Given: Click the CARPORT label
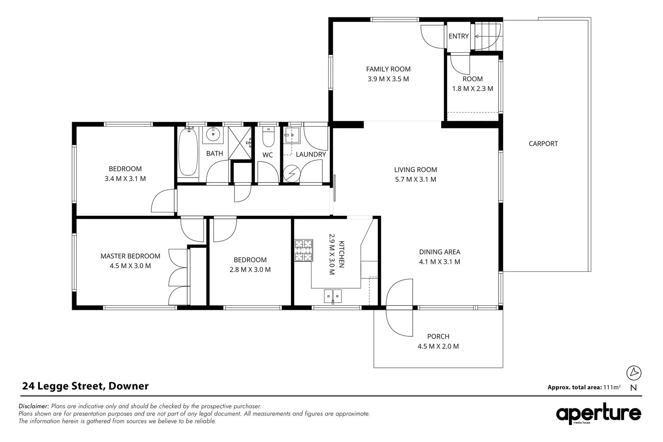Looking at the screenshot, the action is click(x=543, y=144).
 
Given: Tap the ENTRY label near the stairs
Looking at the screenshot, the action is click(x=458, y=36).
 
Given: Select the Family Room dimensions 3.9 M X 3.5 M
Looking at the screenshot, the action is click(x=388, y=79).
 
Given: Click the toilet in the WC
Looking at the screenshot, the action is click(x=269, y=137).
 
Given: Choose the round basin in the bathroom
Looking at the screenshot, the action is click(x=213, y=135).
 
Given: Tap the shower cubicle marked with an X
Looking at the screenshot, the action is click(x=240, y=143).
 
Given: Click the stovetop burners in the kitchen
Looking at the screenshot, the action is click(x=304, y=250).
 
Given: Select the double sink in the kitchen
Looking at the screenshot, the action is click(x=333, y=296).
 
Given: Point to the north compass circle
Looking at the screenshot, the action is click(x=634, y=373).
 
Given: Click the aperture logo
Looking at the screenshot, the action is click(x=598, y=413).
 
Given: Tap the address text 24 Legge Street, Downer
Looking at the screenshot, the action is click(x=85, y=386).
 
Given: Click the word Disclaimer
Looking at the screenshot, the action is click(x=34, y=406).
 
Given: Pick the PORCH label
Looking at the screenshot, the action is click(x=438, y=336).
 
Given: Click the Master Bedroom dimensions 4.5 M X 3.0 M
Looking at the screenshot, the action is click(x=130, y=266).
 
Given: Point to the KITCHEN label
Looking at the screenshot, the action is click(x=341, y=254).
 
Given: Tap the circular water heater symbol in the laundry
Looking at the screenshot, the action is click(x=292, y=173).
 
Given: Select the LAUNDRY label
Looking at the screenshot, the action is click(x=311, y=155).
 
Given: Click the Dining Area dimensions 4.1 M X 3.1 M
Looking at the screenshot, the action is click(x=440, y=262).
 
